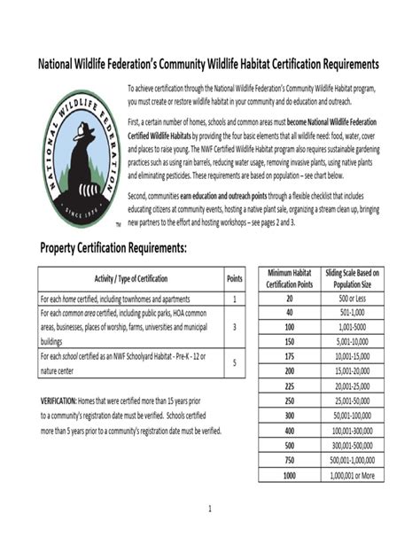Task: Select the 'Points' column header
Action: click(234, 278)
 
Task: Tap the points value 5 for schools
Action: click(234, 362)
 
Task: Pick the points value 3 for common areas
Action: click(234, 326)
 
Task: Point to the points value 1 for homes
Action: click(234, 299)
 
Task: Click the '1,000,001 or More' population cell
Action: click(353, 475)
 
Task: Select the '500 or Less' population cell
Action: click(353, 299)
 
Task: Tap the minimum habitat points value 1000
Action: click(289, 475)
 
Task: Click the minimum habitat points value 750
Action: click(289, 461)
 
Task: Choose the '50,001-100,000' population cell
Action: click(353, 416)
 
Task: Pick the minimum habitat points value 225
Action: click(289, 386)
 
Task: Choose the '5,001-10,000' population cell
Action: click(353, 342)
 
